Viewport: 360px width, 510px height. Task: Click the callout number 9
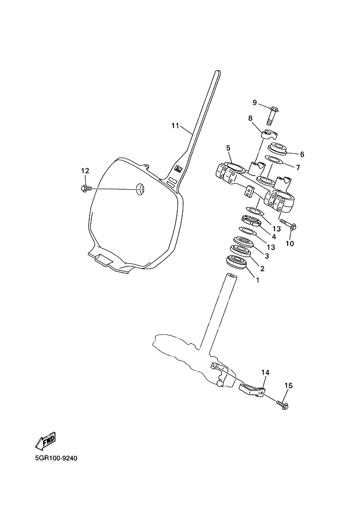[254, 102]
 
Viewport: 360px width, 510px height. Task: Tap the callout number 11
[175, 126]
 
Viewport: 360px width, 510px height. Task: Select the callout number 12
[85, 171]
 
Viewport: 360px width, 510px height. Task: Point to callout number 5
[228, 147]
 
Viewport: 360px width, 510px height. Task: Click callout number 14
[265, 372]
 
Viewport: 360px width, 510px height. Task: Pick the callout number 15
[289, 385]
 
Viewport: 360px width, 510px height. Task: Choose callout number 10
[290, 244]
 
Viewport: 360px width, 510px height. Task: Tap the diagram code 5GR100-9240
[57, 458]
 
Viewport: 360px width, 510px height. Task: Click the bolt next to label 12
[85, 189]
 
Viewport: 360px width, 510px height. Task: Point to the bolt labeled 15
[283, 405]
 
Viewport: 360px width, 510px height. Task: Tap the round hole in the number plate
[141, 189]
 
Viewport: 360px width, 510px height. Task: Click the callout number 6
[302, 154]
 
